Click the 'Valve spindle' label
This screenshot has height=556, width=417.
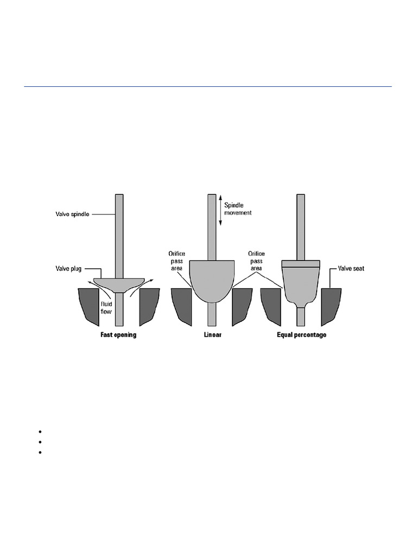pos(72,214)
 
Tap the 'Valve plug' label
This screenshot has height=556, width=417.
pos(68,268)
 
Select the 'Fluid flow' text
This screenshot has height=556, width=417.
pos(106,308)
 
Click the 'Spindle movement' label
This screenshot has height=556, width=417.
pos(238,209)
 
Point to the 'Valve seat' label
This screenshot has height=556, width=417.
pos(351,268)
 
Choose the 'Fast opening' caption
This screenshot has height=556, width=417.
pos(118,334)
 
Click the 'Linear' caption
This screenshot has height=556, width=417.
pos(213,334)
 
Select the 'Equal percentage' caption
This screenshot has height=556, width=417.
pos(302,334)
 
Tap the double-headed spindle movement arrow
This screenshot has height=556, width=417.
pos(220,210)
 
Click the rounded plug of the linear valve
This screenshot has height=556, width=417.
pos(212,280)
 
